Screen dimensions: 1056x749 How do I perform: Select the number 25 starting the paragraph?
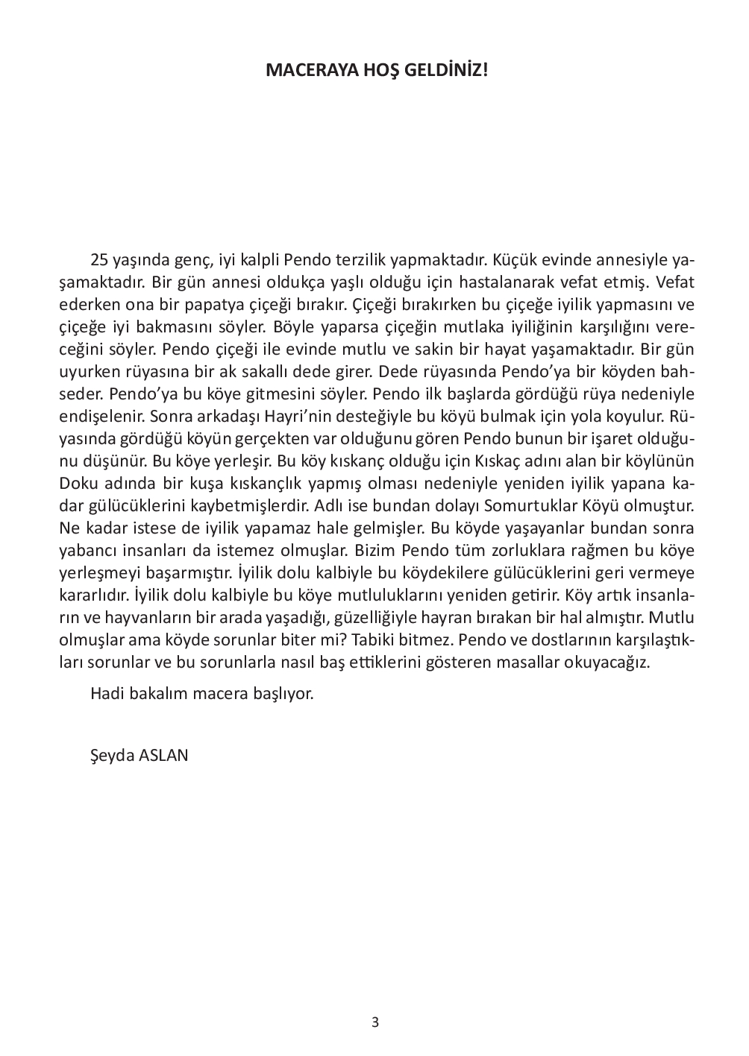(99, 260)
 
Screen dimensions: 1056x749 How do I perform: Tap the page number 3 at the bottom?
(374, 1022)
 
